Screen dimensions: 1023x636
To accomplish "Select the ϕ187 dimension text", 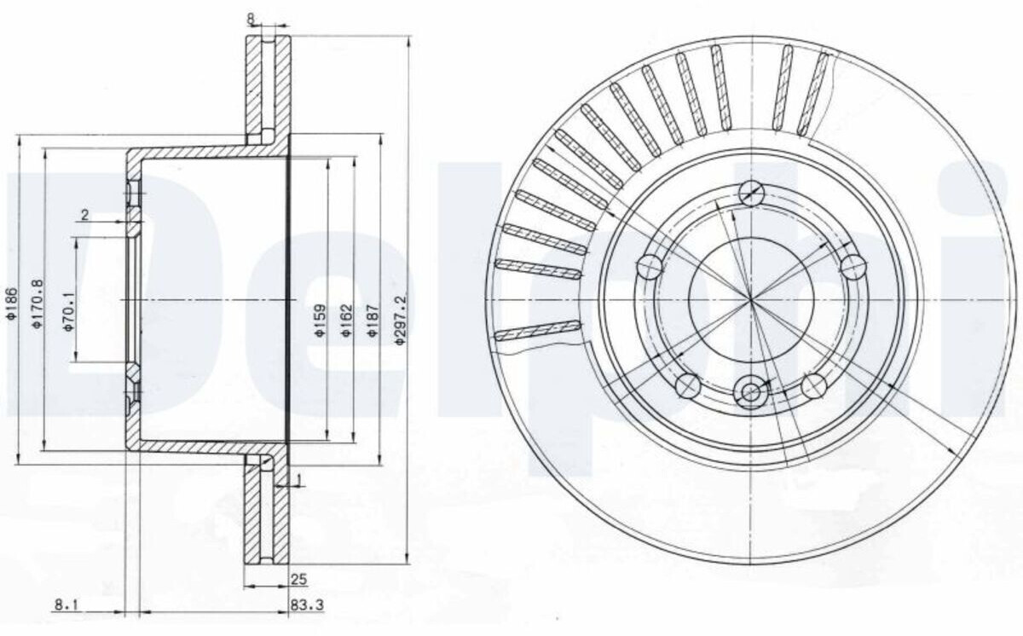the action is (373, 321).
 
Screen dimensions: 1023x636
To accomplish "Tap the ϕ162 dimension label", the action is (347, 321).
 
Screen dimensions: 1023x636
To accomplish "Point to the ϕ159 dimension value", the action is (321, 321).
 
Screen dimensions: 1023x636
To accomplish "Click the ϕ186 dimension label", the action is (11, 304).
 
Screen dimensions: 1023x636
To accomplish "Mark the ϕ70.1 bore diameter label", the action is (68, 312).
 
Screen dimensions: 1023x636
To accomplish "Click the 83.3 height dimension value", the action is (307, 605).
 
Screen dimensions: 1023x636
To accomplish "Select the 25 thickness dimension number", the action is (298, 580).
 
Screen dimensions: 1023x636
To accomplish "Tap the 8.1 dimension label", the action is (66, 605).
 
